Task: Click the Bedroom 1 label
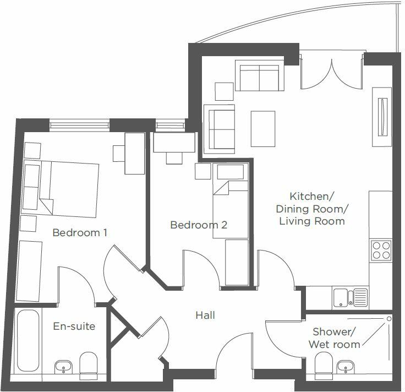click(x=80, y=232)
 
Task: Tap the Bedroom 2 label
click(x=199, y=225)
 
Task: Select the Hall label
click(x=205, y=315)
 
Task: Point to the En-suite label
click(x=74, y=326)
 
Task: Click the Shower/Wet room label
click(x=335, y=338)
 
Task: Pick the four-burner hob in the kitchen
click(x=381, y=251)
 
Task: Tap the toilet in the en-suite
click(x=89, y=364)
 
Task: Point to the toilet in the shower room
click(x=322, y=364)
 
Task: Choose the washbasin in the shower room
click(x=346, y=366)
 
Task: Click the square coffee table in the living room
click(x=262, y=129)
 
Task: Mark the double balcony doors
click(x=332, y=69)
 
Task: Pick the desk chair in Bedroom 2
click(x=174, y=158)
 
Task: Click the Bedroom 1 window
click(x=79, y=124)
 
